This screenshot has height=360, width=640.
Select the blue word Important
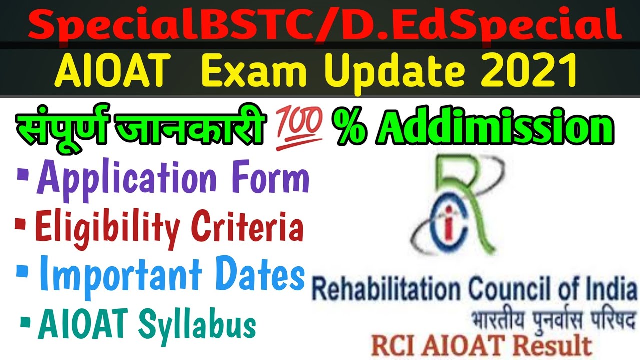point(118,276)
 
